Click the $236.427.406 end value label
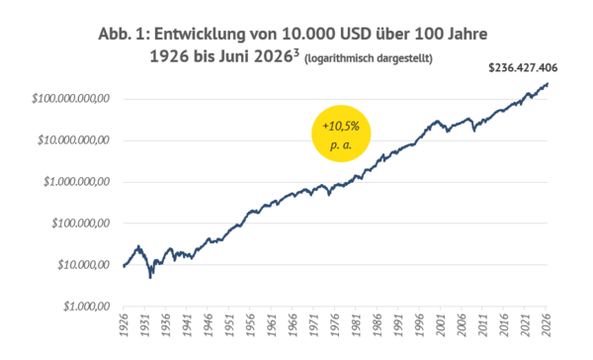523,68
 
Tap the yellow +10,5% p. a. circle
341,134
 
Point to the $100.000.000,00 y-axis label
71,99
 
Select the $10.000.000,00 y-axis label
73,140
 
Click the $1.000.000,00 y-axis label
76,182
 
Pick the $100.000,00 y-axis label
81,224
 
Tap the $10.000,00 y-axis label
84,265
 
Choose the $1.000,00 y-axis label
87,307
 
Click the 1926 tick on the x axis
124,324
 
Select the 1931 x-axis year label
145,324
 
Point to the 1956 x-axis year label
250,324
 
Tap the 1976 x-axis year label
335,324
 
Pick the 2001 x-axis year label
440,324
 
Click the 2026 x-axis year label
546,324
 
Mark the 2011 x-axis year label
482,324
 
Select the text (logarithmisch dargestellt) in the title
369,58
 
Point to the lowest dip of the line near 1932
150,278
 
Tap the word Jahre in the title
467,34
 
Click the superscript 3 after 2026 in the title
296,52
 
